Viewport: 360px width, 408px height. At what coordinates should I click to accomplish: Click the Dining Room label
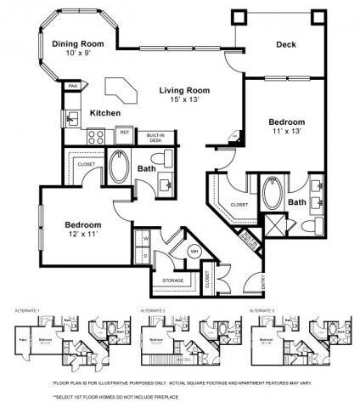78,44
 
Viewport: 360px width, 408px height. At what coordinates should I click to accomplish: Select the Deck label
286,44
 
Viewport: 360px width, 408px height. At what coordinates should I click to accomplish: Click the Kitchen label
105,113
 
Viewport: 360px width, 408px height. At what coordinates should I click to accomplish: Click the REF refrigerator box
123,133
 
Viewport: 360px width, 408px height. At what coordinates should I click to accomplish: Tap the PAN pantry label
73,86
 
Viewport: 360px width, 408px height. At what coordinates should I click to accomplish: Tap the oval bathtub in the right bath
273,195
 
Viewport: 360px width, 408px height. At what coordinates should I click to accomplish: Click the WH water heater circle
194,251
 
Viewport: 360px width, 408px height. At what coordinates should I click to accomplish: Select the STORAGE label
173,279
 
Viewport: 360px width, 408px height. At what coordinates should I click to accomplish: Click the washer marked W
146,239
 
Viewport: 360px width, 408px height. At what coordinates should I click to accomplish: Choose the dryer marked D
146,254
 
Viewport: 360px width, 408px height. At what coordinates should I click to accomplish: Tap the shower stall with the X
275,226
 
